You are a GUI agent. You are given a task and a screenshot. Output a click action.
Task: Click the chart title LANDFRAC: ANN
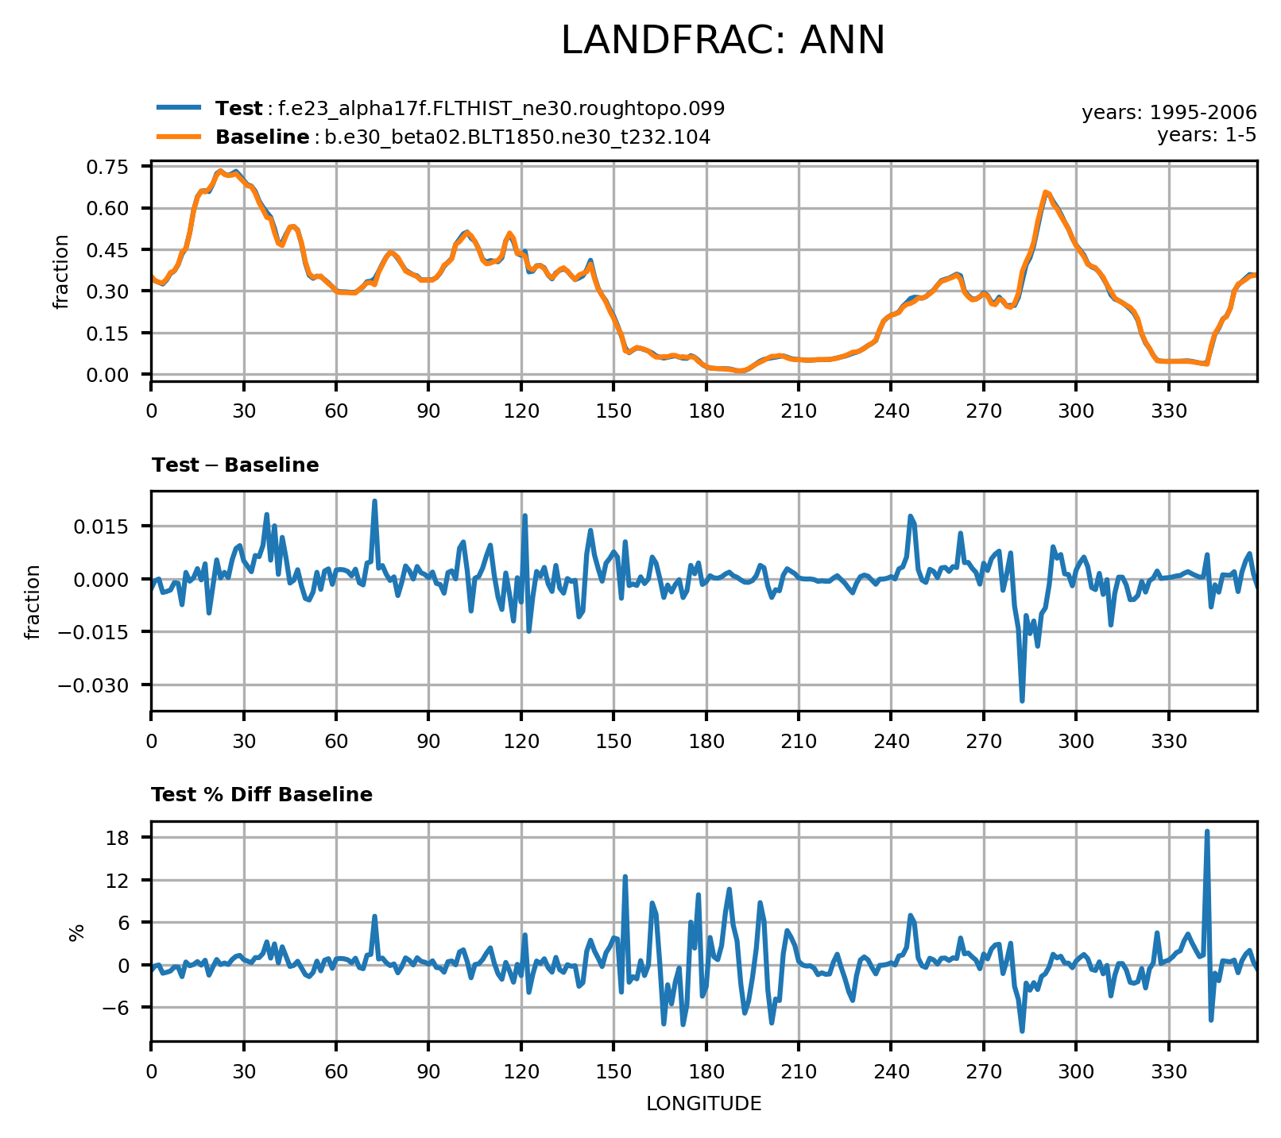722,41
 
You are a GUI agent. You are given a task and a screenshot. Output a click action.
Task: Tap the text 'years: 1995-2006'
1169,113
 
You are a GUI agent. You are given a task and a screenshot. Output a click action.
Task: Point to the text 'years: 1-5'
1207,135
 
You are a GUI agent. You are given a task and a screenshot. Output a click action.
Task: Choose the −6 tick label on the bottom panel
122,1007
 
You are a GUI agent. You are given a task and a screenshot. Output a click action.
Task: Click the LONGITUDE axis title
704,1103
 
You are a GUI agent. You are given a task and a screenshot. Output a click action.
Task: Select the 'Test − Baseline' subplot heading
235,465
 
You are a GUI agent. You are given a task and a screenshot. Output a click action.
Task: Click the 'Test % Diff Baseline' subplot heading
261,795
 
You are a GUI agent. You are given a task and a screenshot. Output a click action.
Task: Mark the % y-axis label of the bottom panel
77,932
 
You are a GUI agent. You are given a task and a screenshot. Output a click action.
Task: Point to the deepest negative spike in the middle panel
1022,700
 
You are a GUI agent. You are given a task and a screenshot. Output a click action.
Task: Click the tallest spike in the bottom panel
1206,831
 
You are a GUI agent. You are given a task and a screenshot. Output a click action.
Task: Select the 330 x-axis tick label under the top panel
1168,411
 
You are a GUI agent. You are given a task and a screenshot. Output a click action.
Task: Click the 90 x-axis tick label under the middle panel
428,741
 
